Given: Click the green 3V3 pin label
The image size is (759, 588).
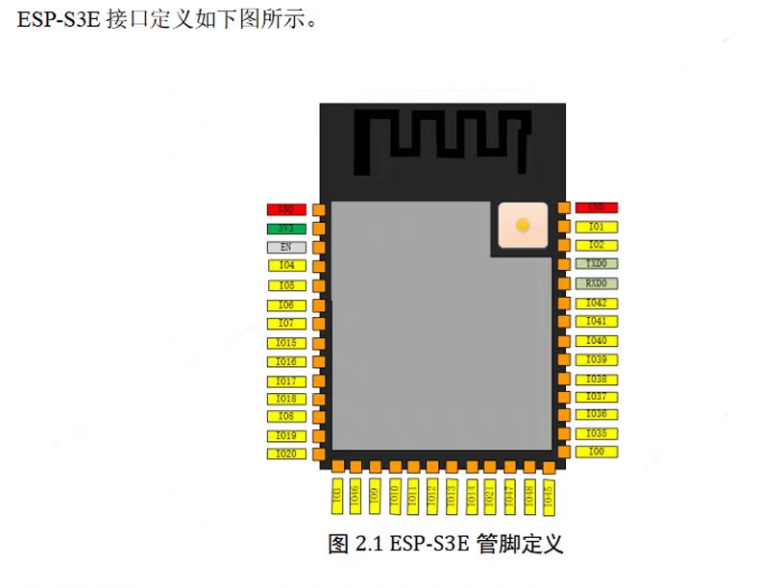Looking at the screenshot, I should click(x=286, y=229).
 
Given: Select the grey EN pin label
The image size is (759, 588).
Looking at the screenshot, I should click(x=286, y=247).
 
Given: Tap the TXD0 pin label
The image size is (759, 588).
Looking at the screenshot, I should click(x=596, y=263).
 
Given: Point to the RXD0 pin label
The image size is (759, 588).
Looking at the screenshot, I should click(x=596, y=283).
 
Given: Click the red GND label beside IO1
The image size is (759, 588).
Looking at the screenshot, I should click(x=596, y=208).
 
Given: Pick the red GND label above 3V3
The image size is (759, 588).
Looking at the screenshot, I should click(x=286, y=209).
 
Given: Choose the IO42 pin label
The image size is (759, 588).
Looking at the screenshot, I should click(x=596, y=303).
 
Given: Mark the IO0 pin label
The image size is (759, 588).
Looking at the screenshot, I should click(x=596, y=451).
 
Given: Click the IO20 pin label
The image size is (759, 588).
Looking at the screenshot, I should click(x=286, y=453).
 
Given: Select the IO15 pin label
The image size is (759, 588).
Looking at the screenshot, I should click(x=286, y=343).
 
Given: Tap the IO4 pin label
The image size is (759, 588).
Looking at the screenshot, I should click(x=286, y=265).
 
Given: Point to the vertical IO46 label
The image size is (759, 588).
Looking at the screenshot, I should click(x=355, y=494).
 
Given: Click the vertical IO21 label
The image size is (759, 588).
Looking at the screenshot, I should click(x=490, y=494).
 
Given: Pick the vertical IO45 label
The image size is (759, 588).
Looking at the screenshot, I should click(x=549, y=494).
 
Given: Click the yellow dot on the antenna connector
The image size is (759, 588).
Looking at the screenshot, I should click(x=522, y=226).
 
